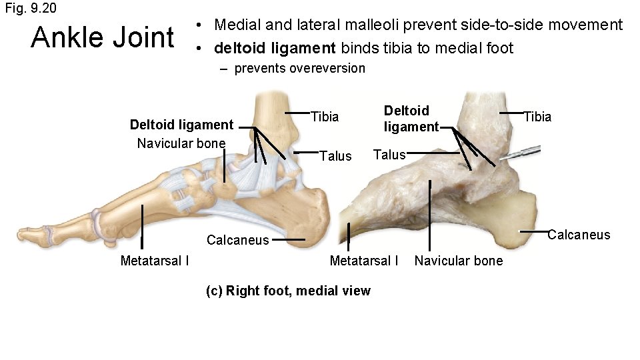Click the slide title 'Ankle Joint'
(x=102, y=38)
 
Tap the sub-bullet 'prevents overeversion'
(x=299, y=68)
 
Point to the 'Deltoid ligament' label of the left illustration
(x=181, y=125)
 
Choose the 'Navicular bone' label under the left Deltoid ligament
(x=181, y=143)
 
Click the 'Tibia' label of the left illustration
(x=325, y=117)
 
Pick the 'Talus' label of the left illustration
(x=335, y=156)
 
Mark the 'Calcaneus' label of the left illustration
(x=237, y=240)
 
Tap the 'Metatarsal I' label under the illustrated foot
(x=154, y=260)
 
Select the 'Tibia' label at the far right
(x=537, y=117)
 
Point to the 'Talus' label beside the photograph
(x=389, y=155)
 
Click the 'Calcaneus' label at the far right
(x=579, y=234)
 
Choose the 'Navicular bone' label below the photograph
(x=459, y=260)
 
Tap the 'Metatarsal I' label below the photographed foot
(x=364, y=260)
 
